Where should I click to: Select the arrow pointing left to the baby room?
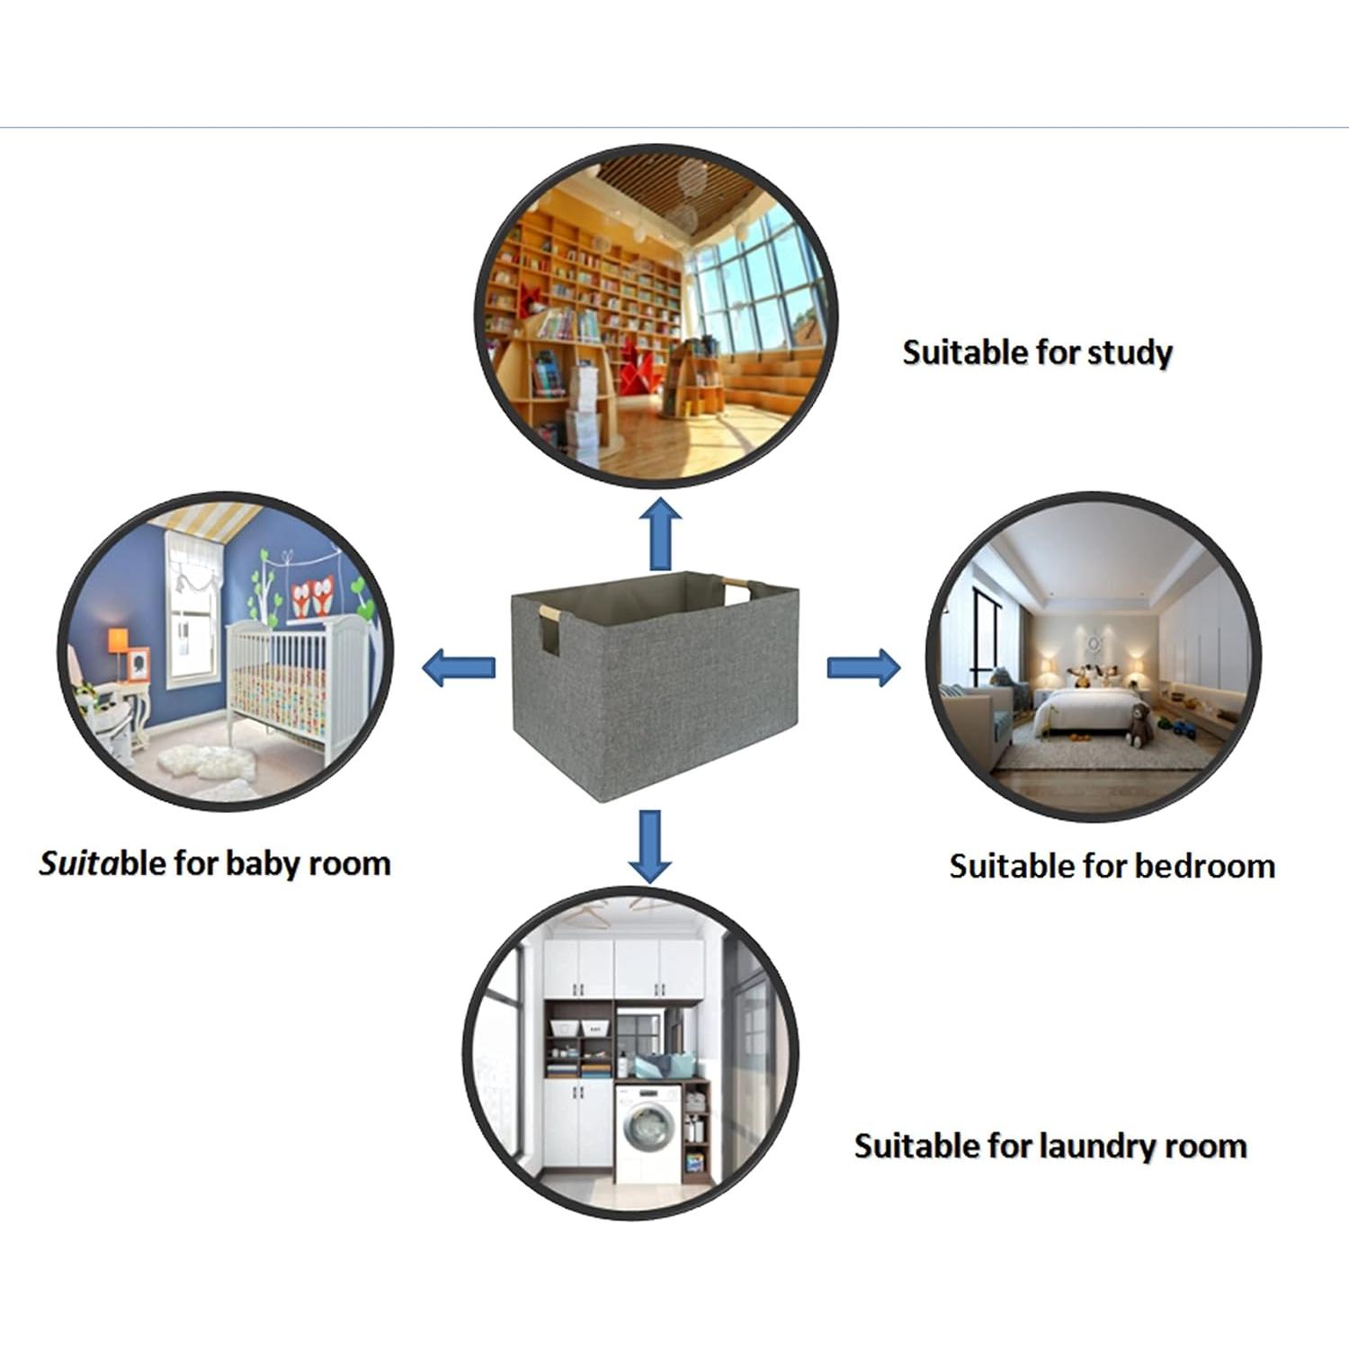click(458, 667)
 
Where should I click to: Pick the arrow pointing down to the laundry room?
click(649, 845)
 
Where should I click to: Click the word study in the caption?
click(1130, 353)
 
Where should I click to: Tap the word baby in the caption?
click(263, 863)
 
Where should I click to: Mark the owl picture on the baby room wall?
click(312, 596)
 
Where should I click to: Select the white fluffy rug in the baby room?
click(207, 764)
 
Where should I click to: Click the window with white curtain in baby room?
click(192, 616)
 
